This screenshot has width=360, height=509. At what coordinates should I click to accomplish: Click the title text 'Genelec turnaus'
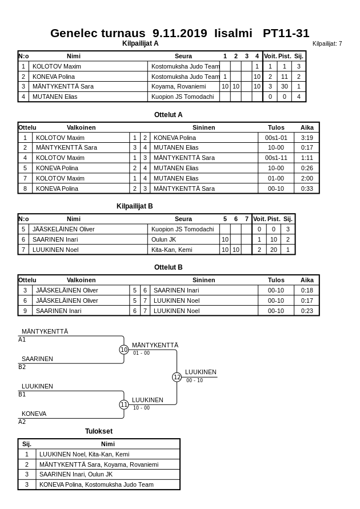coord(97,33)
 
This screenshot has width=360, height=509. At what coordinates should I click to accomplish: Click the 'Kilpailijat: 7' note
coord(327,44)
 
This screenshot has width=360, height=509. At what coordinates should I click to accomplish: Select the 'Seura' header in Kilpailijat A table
coord(183,56)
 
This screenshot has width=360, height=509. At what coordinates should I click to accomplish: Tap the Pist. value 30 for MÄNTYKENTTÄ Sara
coord(284,86)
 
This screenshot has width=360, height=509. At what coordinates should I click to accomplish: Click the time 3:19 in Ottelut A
coord(307,138)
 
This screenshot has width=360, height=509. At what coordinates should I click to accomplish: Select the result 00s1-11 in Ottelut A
coord(276,158)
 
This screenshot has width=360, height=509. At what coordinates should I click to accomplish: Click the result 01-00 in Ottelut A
coord(276,178)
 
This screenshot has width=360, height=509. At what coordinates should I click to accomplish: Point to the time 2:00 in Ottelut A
coord(307,178)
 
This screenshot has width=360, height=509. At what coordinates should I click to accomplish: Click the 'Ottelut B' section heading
coord(168,267)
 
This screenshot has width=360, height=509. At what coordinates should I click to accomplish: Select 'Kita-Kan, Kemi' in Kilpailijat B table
coord(171,250)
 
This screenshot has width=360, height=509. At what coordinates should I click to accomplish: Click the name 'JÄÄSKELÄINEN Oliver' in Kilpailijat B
coord(63,229)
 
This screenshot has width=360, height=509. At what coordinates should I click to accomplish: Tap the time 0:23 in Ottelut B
coord(307,311)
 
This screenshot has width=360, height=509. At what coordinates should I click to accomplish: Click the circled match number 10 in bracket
coord(124,350)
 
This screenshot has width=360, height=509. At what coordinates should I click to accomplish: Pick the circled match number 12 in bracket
coord(177,377)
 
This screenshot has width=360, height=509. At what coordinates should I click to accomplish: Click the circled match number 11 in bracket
coord(124,404)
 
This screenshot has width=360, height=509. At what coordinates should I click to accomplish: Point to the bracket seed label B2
coord(22,367)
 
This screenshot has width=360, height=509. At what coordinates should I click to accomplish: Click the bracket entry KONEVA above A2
coord(34,414)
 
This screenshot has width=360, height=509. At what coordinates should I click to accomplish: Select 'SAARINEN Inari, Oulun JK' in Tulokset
coord(76,474)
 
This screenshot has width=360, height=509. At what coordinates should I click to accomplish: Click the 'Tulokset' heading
coord(99,431)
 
